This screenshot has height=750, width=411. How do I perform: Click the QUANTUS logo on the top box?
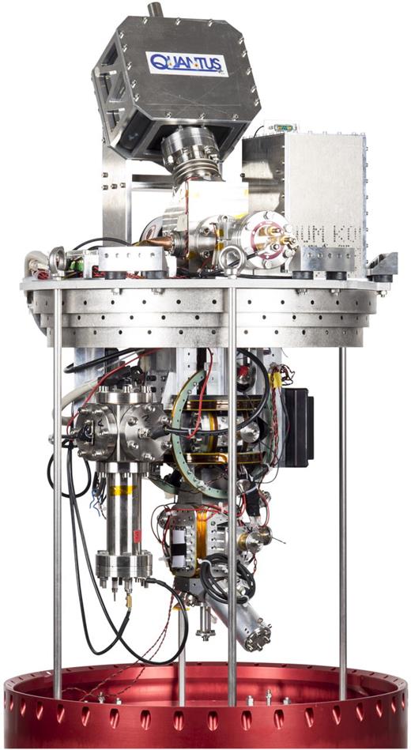click(187, 62)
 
